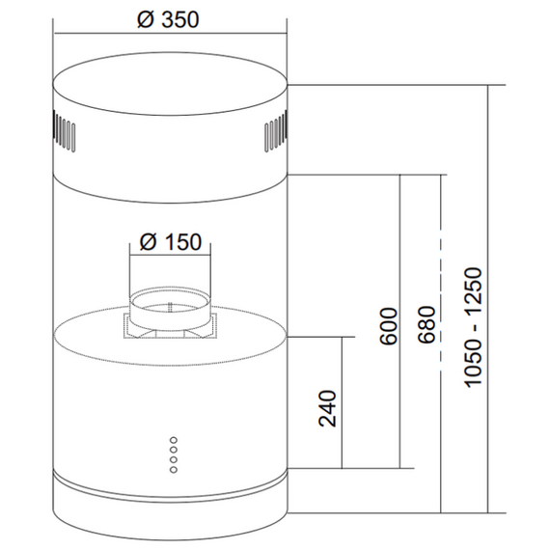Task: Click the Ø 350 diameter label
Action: click(168, 19)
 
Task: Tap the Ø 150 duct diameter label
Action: click(171, 242)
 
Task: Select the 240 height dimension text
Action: click(327, 408)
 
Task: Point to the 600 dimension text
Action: click(389, 326)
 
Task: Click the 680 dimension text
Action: click(426, 325)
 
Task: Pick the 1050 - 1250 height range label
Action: click(473, 327)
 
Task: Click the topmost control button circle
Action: click(174, 440)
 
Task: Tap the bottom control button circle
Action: click(174, 469)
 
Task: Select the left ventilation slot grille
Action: click(64, 131)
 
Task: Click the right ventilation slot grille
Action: click(276, 131)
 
